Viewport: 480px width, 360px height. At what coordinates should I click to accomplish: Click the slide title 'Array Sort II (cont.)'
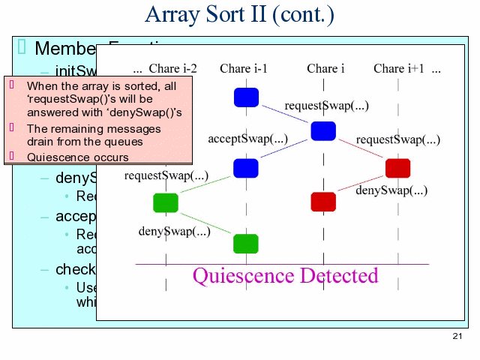click(x=239, y=14)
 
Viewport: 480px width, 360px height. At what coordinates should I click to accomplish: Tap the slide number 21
click(x=457, y=335)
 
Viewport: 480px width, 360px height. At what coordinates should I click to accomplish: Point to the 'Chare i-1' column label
click(x=244, y=69)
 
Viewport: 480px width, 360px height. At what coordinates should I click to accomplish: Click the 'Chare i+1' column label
click(x=399, y=69)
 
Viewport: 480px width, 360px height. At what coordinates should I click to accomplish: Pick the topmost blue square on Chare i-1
click(x=246, y=97)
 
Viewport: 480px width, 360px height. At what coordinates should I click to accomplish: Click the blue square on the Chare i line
click(x=323, y=131)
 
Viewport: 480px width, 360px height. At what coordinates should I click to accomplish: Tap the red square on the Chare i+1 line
click(x=397, y=168)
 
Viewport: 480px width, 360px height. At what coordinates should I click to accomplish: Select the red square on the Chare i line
click(x=323, y=201)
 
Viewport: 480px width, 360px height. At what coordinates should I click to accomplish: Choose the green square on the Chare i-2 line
click(x=166, y=202)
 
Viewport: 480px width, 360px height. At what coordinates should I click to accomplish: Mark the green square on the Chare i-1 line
click(x=246, y=243)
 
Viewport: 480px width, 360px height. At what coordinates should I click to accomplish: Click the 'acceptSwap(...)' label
click(x=247, y=139)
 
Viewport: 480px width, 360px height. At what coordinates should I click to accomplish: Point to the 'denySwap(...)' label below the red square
click(x=391, y=190)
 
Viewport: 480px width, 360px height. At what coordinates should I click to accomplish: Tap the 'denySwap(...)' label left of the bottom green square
click(x=174, y=231)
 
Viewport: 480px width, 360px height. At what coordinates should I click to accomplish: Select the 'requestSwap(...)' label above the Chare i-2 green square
click(x=166, y=176)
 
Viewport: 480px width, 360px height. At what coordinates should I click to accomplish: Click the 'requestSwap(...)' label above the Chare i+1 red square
click(x=398, y=139)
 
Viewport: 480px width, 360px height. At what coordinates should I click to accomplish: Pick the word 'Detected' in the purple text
click(x=337, y=275)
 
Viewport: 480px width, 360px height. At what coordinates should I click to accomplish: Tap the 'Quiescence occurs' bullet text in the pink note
click(x=78, y=157)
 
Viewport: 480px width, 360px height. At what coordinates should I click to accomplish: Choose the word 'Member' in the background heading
click(x=61, y=49)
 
